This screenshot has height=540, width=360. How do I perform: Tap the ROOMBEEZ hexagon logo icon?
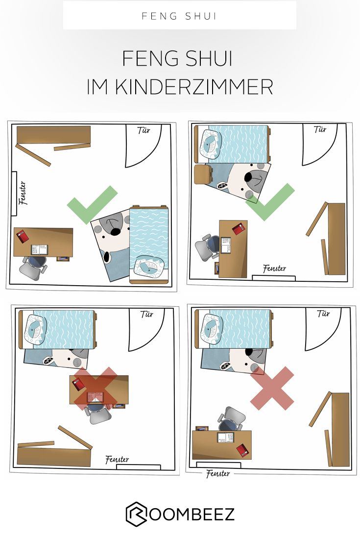136,514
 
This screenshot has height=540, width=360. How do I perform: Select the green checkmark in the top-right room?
270,202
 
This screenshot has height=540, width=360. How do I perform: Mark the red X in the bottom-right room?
272,388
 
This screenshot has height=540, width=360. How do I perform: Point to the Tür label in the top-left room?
144,130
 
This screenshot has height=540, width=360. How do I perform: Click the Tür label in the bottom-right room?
324,314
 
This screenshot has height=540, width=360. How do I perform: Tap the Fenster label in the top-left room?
23,193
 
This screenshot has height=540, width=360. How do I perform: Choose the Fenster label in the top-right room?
274,268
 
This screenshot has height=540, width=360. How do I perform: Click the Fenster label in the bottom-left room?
117,460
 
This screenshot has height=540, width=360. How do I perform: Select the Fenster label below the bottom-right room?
218,474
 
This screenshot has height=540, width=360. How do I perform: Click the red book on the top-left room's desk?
23,236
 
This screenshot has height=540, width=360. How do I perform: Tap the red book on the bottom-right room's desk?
243,450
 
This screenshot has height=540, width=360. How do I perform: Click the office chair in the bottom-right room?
232,419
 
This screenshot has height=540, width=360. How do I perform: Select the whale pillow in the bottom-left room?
35,330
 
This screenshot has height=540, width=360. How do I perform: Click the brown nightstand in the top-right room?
204,174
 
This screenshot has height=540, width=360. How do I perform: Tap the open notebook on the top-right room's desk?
226,245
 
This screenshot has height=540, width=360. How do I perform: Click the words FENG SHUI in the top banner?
179,16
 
